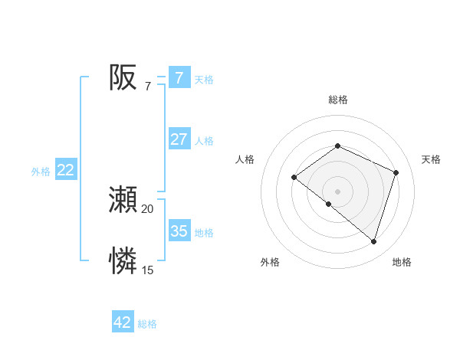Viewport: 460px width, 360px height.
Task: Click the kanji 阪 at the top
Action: click(x=123, y=77)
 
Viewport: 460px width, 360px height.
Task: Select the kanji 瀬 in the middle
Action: click(x=123, y=200)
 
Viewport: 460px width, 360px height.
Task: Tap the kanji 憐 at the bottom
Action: click(x=123, y=260)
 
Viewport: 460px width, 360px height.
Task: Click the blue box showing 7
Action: click(x=179, y=78)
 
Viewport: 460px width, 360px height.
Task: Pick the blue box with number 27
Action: click(x=179, y=139)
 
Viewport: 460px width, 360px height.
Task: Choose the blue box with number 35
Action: click(x=179, y=231)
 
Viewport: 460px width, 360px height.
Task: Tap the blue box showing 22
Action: click(x=66, y=170)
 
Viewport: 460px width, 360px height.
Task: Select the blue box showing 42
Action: click(x=123, y=322)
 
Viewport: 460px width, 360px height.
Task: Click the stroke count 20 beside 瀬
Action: click(x=147, y=209)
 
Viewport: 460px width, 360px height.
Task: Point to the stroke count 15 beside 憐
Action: click(x=147, y=270)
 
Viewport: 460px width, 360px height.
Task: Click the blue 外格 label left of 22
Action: click(x=41, y=172)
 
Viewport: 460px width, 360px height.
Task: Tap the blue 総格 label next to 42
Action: click(x=147, y=324)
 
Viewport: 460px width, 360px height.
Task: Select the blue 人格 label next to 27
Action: click(x=204, y=141)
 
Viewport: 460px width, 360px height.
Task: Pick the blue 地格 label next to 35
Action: click(x=204, y=233)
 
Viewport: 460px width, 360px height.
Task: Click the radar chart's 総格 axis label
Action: click(x=337, y=100)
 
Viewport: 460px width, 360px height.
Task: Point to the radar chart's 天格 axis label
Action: click(x=432, y=159)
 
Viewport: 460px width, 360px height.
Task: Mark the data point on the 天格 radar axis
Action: click(x=396, y=172)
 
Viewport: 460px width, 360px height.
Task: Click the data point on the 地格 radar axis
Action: click(x=373, y=241)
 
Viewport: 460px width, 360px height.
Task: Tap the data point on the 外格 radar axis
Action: click(x=329, y=204)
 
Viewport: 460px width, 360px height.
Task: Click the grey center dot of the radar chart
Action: click(x=337, y=191)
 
